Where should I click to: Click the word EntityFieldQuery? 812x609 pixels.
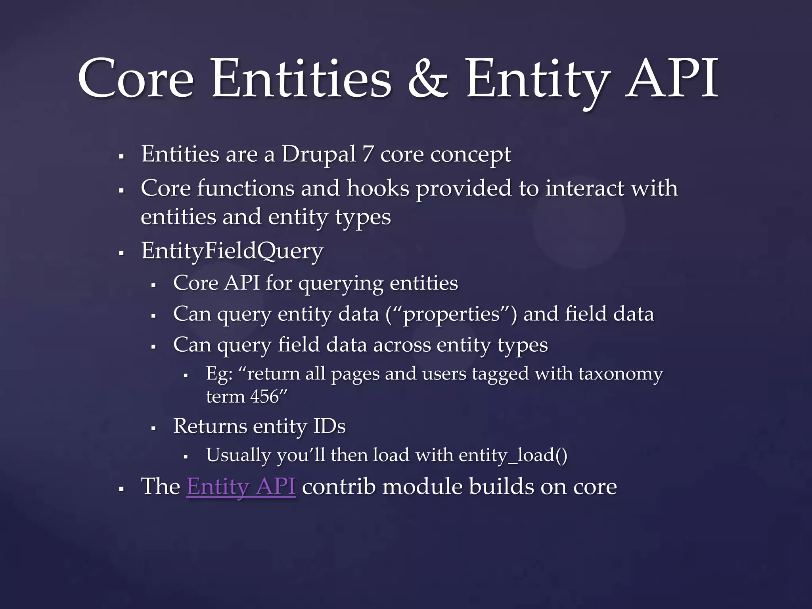click(232, 251)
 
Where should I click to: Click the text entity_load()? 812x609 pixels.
click(513, 455)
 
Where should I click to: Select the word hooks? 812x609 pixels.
click(378, 188)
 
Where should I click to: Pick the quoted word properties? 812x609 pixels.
click(451, 314)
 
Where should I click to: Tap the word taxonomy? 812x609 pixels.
click(620, 374)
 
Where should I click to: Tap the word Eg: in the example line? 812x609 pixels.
click(219, 374)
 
